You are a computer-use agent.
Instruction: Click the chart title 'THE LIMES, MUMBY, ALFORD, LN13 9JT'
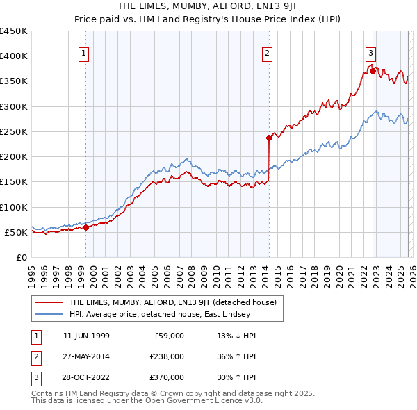(208, 6)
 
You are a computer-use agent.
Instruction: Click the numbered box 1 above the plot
(83, 51)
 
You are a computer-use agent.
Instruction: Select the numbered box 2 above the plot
(267, 51)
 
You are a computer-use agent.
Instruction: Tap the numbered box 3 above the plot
(370, 51)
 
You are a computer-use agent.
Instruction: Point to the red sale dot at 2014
(269, 138)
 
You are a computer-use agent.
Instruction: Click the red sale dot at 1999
(86, 227)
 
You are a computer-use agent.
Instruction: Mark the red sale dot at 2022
(373, 71)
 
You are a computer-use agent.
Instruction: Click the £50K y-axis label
(17, 232)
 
